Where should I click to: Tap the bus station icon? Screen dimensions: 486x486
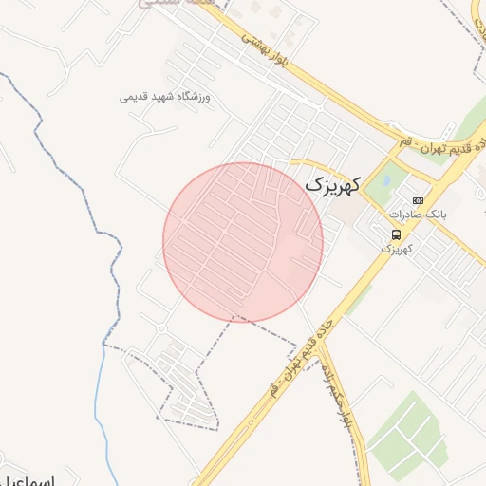tap(396, 234)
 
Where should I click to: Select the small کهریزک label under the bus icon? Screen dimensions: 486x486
tap(394, 248)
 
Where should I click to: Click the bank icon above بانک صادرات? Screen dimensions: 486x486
tap(418, 200)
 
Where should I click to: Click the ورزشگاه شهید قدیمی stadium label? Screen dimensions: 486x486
tap(169, 97)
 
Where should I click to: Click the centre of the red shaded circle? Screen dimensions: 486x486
tap(243, 242)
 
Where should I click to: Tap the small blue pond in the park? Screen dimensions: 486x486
tap(387, 177)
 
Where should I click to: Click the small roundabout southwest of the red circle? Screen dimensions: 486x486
tap(160, 328)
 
